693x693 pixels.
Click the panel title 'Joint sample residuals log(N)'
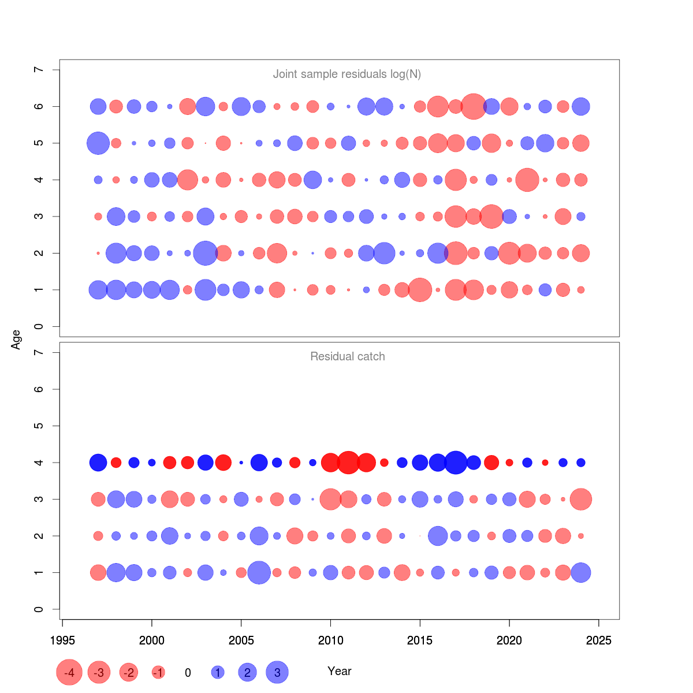click(346, 74)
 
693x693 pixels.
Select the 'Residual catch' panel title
click(347, 356)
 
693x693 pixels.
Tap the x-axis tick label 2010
click(330, 640)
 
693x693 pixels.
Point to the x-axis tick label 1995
click(62, 640)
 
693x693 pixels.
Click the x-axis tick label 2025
click(599, 640)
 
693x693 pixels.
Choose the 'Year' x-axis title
click(339, 671)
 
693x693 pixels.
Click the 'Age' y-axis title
click(16, 339)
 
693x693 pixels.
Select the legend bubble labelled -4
click(69, 672)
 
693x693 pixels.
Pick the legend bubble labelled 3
click(277, 672)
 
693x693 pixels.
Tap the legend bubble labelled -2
click(129, 672)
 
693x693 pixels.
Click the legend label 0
click(188, 673)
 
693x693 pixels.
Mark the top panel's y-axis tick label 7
click(39, 69)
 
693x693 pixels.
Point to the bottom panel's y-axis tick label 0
click(39, 609)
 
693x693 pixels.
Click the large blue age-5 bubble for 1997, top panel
click(98, 143)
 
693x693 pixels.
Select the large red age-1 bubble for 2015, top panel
click(420, 290)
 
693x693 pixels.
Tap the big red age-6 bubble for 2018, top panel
click(474, 106)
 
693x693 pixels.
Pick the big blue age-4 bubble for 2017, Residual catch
click(456, 463)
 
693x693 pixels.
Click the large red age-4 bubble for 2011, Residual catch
click(348, 463)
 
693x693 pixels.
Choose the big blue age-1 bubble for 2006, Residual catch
click(259, 573)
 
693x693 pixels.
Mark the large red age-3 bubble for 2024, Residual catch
click(581, 500)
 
